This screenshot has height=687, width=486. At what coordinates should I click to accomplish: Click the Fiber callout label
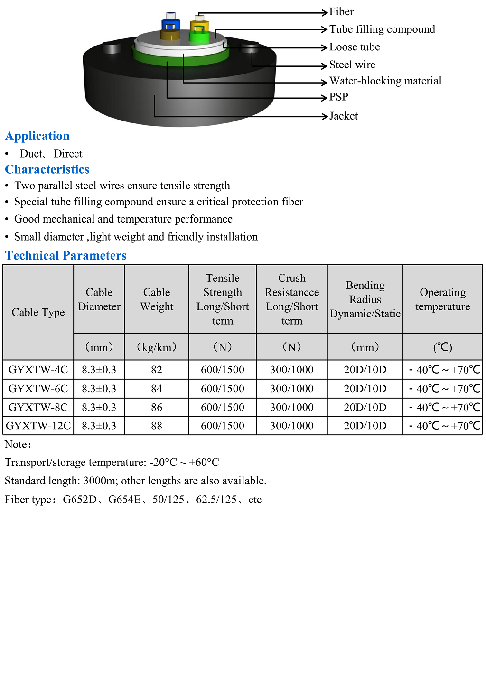click(341, 12)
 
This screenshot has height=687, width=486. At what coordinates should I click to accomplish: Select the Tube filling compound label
click(382, 29)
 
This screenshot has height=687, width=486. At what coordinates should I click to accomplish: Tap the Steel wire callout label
click(352, 65)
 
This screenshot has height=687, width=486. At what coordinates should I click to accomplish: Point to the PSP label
click(339, 97)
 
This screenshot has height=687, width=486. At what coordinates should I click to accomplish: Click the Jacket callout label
click(344, 116)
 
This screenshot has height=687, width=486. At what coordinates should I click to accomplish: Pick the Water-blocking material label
click(385, 81)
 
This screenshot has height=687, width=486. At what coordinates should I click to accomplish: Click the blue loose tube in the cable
click(170, 24)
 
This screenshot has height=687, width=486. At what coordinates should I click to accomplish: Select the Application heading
click(37, 136)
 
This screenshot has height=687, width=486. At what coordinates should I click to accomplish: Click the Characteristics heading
click(47, 169)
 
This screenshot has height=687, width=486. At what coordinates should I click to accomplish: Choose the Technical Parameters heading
click(66, 256)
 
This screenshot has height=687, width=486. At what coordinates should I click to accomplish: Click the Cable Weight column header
click(157, 299)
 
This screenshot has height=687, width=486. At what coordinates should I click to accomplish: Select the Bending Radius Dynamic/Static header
click(365, 299)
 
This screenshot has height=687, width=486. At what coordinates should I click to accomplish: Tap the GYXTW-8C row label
click(38, 408)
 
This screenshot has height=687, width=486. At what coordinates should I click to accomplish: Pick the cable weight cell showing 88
click(157, 426)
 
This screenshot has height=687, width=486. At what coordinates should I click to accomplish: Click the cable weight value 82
click(157, 370)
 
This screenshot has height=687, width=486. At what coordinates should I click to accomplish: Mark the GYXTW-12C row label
click(38, 426)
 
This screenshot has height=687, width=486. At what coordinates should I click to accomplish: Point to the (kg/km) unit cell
click(157, 347)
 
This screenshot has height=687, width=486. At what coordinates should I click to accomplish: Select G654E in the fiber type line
click(124, 500)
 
